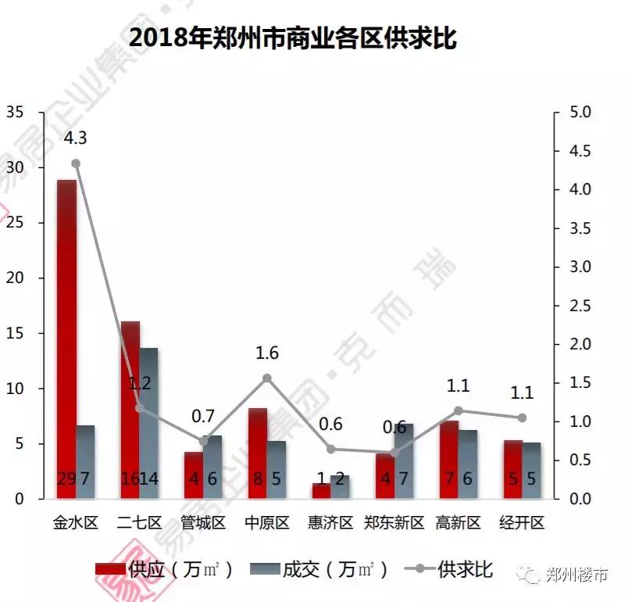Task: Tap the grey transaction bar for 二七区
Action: tap(148, 422)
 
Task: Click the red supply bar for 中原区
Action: tap(258, 453)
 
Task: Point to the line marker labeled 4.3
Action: tap(76, 163)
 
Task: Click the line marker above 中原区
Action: tap(267, 378)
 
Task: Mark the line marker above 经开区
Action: tap(522, 417)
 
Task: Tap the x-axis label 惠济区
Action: tap(330, 523)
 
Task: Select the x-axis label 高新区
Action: tap(458, 523)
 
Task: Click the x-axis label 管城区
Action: tap(203, 523)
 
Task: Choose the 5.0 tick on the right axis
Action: tap(580, 113)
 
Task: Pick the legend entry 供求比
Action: tap(449, 569)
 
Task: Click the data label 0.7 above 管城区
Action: tap(204, 416)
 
